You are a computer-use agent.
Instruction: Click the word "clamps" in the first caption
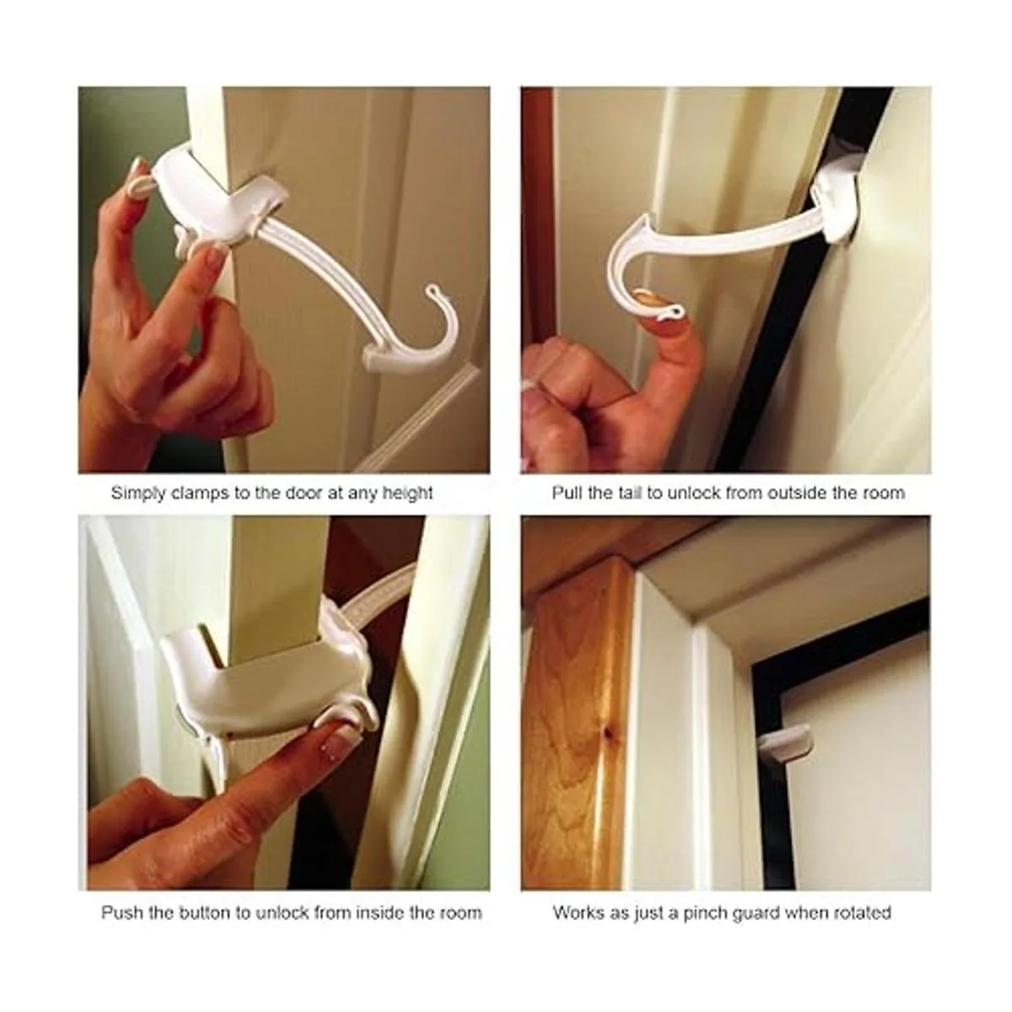pyautogui.click(x=202, y=493)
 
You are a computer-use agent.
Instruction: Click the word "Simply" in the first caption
pyautogui.click(x=138, y=493)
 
